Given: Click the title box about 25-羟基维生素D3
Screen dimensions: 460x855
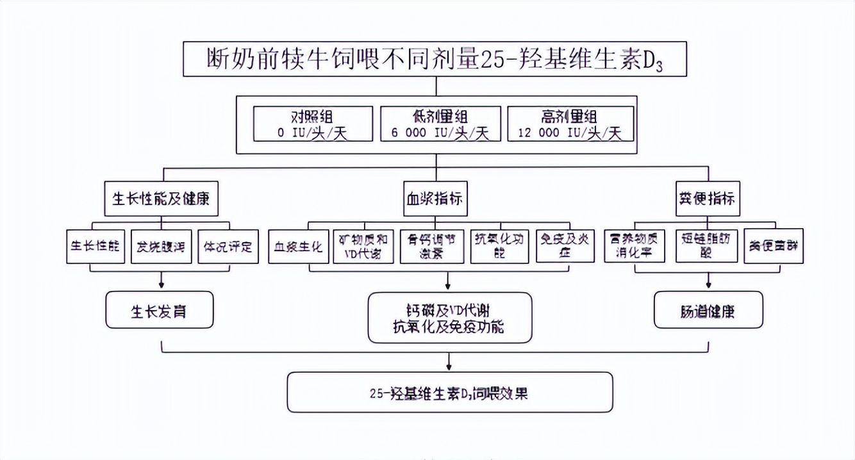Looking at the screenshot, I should pyautogui.click(x=435, y=60).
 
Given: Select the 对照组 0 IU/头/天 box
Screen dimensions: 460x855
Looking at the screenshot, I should pyautogui.click(x=312, y=124).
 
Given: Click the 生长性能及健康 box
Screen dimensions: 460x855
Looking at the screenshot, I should pyautogui.click(x=162, y=199).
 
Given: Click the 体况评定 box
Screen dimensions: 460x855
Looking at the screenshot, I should pyautogui.click(x=228, y=247).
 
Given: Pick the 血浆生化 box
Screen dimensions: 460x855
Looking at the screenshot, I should pyautogui.click(x=299, y=247).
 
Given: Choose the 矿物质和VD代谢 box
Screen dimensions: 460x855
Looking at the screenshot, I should pyautogui.click(x=363, y=247).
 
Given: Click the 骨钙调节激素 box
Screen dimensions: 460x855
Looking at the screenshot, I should pyautogui.click(x=431, y=247).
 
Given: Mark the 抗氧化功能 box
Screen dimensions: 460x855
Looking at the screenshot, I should pyautogui.click(x=499, y=247).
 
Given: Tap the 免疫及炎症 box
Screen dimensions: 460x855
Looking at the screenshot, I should pyautogui.click(x=566, y=247).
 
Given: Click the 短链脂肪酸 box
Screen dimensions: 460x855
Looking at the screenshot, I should pyautogui.click(x=707, y=247).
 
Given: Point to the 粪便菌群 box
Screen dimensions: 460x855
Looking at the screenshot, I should pyautogui.click(x=773, y=247).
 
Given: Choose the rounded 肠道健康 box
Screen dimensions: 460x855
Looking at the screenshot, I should pyautogui.click(x=708, y=311).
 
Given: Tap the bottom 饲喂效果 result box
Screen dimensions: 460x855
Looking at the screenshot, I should pyautogui.click(x=449, y=392).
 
